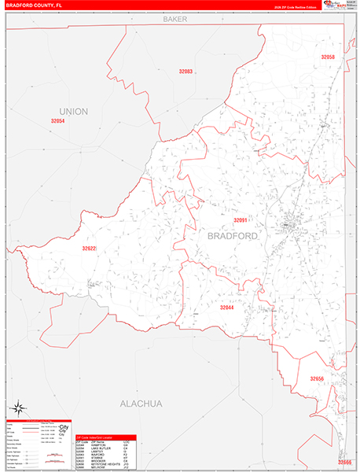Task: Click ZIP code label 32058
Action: point(327,57)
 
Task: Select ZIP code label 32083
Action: point(186,72)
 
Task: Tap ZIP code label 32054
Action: point(57,122)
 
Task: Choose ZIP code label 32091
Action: point(240,221)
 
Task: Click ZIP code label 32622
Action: point(89,249)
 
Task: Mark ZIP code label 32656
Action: point(317,379)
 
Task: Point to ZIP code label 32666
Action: point(344,462)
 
